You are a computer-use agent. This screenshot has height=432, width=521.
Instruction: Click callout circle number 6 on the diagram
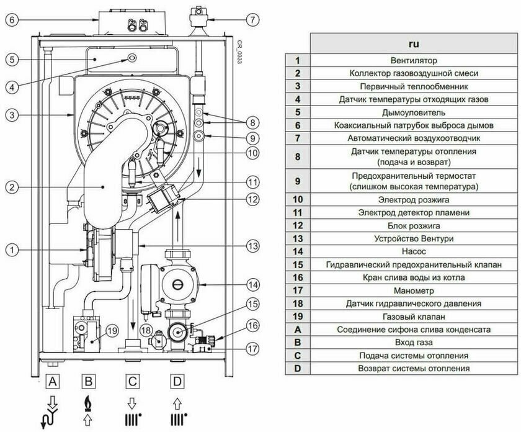tap(13, 20)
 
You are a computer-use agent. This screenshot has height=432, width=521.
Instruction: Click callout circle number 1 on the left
tap(13, 250)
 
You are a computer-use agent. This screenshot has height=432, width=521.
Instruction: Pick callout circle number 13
tap(251, 246)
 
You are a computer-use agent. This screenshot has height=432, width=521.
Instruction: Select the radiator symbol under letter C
tap(132, 415)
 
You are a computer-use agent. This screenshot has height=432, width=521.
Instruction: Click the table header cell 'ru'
tap(414, 45)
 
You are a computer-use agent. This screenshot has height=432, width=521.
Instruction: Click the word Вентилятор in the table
tap(414, 61)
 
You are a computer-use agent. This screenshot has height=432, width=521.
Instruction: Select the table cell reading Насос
tap(414, 251)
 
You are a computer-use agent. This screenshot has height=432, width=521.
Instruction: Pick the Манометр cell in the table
tap(414, 290)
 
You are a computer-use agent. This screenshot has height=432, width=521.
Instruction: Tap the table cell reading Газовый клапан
tap(414, 317)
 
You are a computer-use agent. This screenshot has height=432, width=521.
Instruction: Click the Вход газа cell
tap(414, 342)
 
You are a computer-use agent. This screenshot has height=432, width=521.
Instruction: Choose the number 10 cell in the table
tap(298, 199)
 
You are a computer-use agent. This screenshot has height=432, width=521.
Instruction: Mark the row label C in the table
tap(298, 355)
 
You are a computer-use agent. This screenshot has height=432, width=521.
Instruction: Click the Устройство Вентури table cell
tap(414, 238)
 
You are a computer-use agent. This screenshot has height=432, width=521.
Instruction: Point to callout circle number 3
tap(13, 115)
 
